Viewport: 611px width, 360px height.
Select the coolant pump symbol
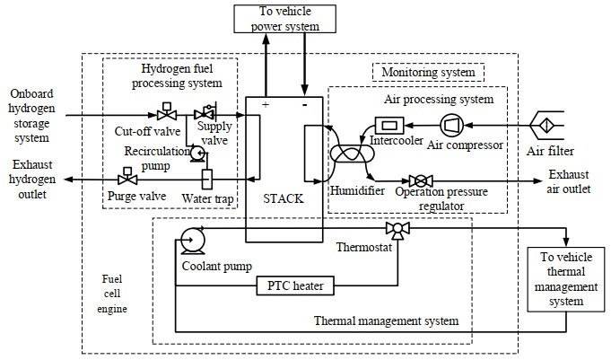pos(191,240)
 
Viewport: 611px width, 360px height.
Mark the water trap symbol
pos(207,178)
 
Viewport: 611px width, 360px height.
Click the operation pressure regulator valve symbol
pos(417,180)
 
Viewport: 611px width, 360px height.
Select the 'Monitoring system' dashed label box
pos(428,71)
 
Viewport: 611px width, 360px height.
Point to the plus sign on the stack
pos(265,106)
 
